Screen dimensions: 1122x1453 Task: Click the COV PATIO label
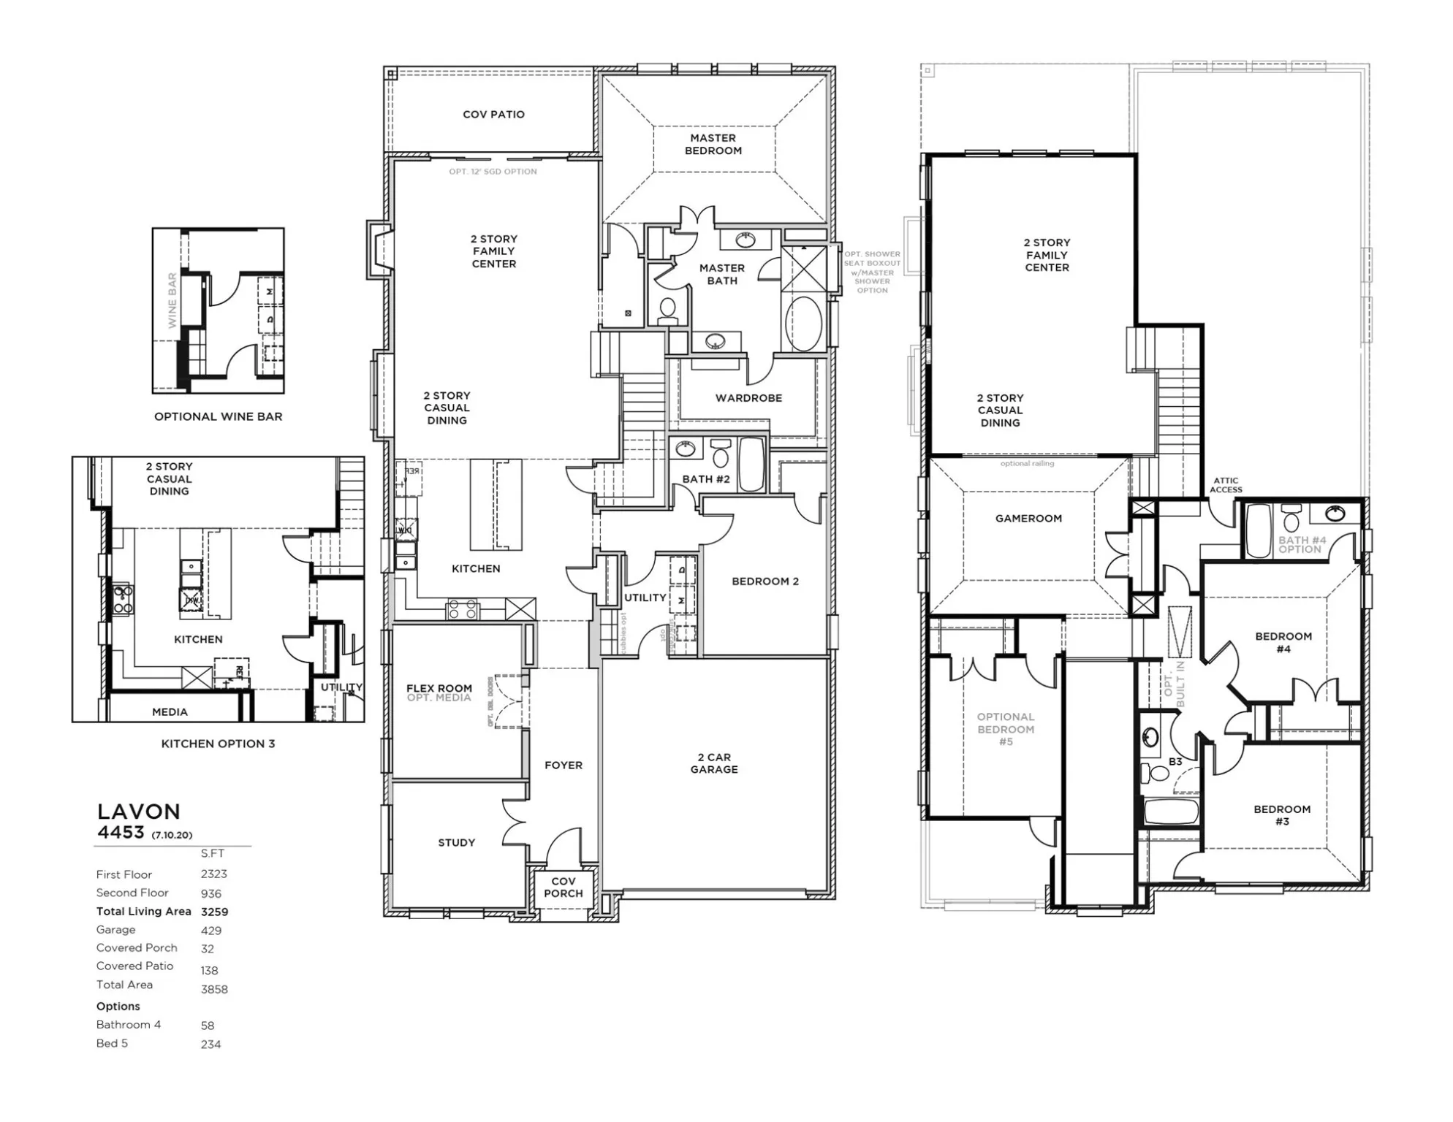tap(493, 115)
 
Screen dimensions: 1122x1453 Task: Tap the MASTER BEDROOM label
tap(713, 144)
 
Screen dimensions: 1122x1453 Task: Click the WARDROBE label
tap(748, 398)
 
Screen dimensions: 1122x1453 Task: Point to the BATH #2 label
tap(706, 479)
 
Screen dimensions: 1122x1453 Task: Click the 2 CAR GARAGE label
tap(714, 763)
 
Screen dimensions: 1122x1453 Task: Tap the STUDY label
tap(456, 843)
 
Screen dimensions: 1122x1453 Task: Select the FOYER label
tap(563, 766)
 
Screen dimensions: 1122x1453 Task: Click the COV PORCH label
tap(563, 888)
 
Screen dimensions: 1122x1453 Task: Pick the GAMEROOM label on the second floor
tap(1028, 519)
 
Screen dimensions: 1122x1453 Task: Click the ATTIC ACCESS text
tap(1226, 485)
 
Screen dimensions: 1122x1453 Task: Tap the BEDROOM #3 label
tap(1282, 815)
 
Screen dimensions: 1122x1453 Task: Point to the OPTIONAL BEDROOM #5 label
tap(1006, 729)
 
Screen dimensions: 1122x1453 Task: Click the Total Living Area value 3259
tap(214, 912)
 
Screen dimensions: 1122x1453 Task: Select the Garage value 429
tap(211, 931)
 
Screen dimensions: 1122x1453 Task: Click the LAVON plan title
tap(139, 812)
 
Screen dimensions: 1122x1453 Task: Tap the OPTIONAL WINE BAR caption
tap(218, 417)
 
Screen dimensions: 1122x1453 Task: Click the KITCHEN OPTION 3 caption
tap(218, 744)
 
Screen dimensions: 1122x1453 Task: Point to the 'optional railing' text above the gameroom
tap(1027, 464)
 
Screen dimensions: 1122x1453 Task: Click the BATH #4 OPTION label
tap(1302, 545)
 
